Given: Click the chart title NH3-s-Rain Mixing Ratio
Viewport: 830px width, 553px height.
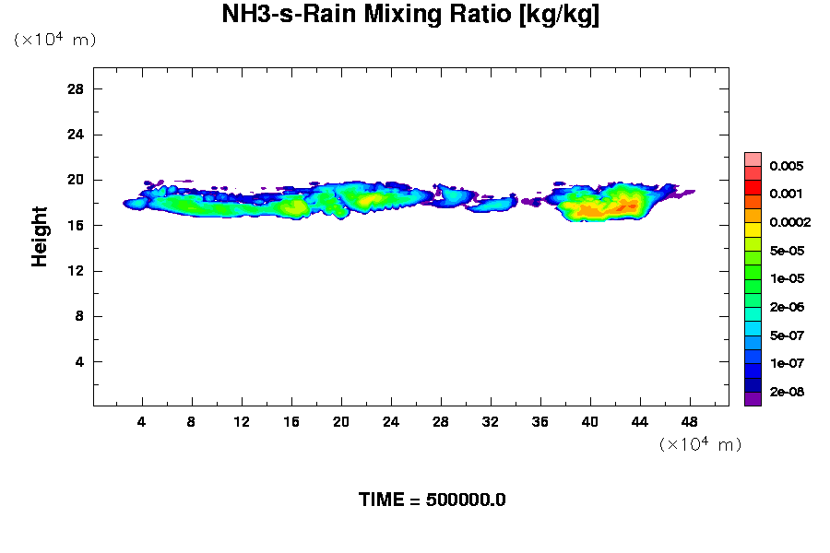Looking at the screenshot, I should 410,16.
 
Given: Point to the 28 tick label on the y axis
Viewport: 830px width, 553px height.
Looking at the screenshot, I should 76,88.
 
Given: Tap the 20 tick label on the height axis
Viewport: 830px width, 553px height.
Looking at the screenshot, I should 76,180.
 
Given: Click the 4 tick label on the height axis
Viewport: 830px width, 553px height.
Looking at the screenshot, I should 79,361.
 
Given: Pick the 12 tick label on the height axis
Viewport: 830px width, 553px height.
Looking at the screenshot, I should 76,271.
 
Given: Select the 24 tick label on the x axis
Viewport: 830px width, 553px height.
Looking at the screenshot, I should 391,422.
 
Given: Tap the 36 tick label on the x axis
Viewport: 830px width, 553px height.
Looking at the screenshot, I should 540,422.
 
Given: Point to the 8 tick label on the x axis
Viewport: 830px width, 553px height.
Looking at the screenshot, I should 192,422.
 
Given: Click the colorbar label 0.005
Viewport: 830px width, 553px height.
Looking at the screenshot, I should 786,166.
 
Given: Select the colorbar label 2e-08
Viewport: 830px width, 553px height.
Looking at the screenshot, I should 786,392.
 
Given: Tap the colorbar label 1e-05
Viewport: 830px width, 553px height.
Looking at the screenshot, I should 786,278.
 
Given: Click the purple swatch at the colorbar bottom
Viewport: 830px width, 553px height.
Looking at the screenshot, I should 753,399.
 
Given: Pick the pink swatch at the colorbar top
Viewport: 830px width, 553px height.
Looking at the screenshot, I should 753,159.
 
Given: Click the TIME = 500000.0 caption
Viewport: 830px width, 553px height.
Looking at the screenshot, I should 432,500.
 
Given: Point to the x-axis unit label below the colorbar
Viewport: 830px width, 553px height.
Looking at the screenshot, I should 700,444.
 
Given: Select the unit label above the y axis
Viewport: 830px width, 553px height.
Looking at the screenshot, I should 54,40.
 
